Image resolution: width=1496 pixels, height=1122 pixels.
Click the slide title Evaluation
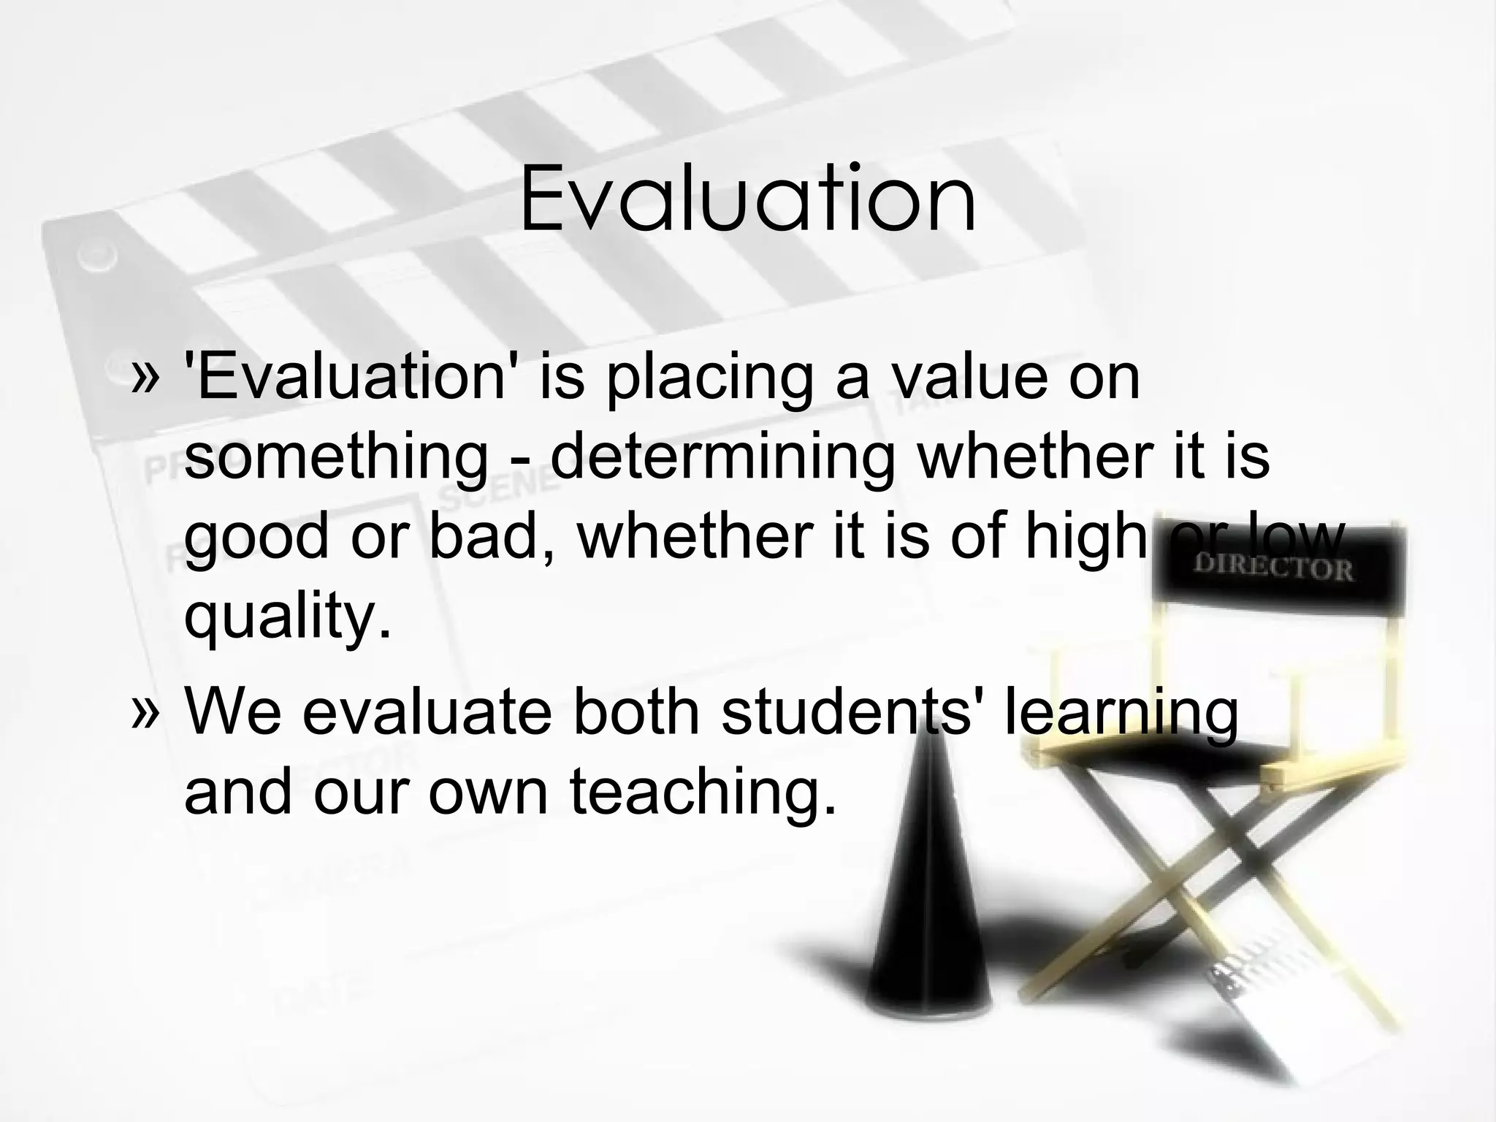747,199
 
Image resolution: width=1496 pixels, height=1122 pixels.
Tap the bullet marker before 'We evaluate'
144,712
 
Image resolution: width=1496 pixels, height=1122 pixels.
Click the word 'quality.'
288,617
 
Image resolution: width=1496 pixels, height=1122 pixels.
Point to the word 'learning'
1121,713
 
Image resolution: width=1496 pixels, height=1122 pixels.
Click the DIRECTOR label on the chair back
1273,568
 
